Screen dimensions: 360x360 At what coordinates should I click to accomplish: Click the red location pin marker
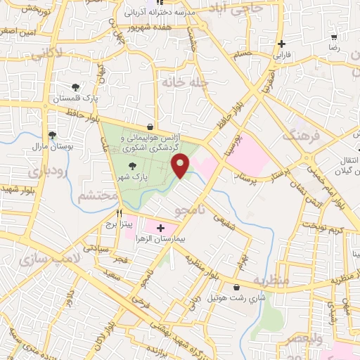tap(182, 166)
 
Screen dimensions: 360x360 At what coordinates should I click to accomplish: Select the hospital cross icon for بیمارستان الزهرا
tap(160, 228)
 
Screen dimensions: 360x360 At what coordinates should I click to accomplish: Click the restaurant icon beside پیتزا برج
tap(120, 212)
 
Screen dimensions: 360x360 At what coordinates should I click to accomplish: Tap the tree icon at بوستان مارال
tap(53, 136)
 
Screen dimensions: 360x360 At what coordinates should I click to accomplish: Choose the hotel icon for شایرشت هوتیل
tap(237, 288)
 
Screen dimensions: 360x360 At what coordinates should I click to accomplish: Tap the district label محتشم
tap(94, 195)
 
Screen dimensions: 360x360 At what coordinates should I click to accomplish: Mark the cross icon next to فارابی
tap(281, 42)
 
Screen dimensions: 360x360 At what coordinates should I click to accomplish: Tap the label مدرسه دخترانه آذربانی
tap(160, 13)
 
